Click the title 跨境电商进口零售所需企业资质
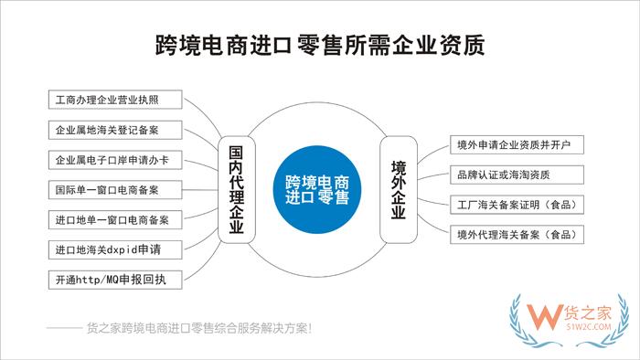tap(320, 44)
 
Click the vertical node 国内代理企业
tap(236, 186)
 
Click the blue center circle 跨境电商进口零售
tap(316, 187)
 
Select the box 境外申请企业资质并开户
tap(517, 145)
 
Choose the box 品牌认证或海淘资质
tap(517, 175)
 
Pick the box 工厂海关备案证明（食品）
tap(517, 204)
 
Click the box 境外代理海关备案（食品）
tap(517, 234)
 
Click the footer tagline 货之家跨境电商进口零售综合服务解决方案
tap(197, 328)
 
